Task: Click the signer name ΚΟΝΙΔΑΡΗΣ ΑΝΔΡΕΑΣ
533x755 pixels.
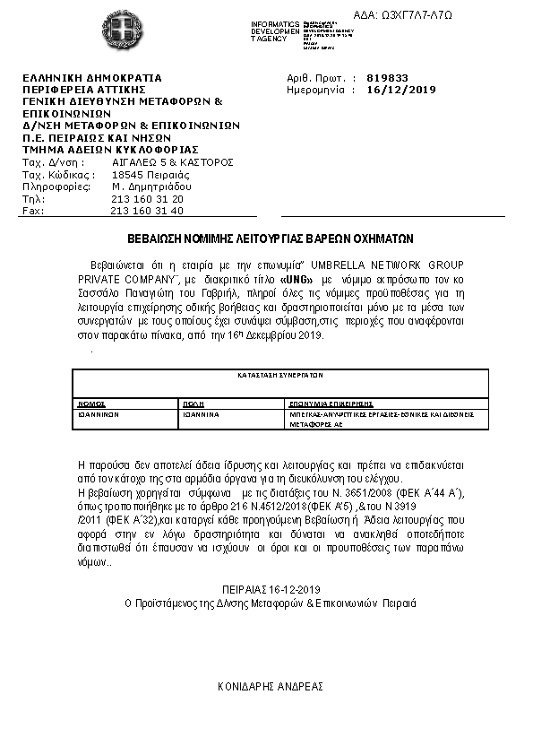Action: tap(271, 685)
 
